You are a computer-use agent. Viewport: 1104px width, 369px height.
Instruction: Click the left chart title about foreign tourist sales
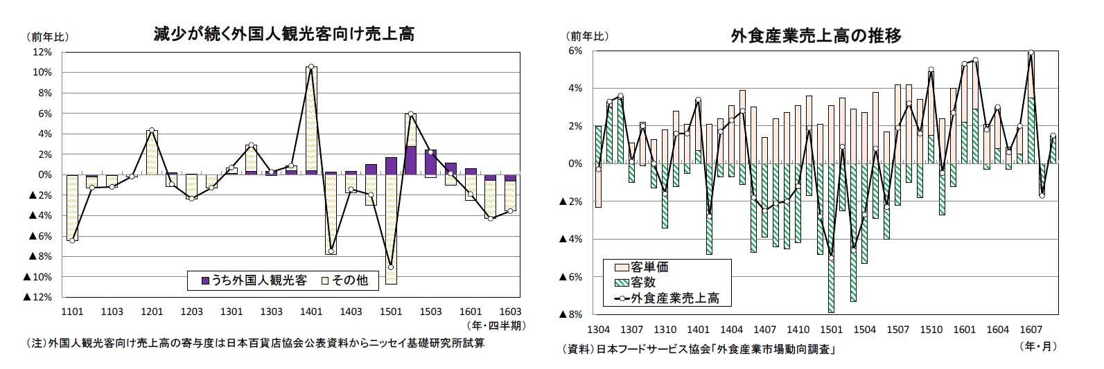283,34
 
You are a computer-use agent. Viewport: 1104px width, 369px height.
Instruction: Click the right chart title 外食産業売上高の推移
816,35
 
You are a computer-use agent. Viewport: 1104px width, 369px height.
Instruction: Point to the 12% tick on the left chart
42,52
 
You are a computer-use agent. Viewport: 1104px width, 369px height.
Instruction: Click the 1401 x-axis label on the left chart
311,312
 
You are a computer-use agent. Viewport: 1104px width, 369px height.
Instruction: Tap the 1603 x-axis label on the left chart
509,312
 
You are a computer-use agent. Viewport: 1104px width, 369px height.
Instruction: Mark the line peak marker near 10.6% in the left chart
311,67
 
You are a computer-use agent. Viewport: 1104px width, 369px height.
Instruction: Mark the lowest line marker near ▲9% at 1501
391,267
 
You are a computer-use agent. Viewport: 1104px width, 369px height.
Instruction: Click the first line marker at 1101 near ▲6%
72,240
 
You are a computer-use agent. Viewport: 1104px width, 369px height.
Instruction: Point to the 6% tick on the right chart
575,51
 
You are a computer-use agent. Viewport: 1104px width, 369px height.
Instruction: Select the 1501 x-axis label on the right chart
831,330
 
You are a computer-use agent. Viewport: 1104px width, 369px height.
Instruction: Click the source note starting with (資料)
699,350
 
